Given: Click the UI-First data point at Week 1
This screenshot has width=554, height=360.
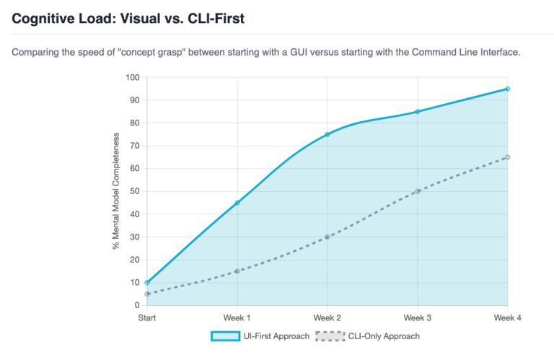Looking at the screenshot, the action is tap(237, 203).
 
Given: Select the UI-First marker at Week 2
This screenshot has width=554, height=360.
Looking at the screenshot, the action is tap(327, 134).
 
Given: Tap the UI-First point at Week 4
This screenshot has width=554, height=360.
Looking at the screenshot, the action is tap(508, 89).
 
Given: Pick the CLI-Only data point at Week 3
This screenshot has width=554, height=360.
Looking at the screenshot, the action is tap(417, 191).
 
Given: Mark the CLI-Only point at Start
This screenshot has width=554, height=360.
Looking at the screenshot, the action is tap(147, 294).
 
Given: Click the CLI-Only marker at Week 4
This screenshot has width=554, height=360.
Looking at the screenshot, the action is tap(508, 157).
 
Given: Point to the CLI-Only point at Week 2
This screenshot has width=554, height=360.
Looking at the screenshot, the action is tap(327, 237).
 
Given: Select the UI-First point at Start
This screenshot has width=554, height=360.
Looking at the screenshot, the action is tap(147, 283).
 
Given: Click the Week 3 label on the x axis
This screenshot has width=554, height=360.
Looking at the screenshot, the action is tap(417, 318).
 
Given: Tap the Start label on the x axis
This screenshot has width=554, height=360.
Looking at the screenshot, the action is tap(147, 318).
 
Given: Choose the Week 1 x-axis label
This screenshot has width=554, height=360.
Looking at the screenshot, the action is tap(237, 318).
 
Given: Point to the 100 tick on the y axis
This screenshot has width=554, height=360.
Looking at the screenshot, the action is tap(133, 77).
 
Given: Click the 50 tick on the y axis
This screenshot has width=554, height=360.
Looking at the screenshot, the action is tap(135, 191).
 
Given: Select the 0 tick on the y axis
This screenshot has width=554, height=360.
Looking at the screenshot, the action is tap(137, 305).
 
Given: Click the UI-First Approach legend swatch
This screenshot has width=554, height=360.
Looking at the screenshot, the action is tap(225, 336).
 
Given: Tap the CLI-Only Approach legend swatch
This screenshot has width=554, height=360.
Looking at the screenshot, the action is tap(330, 336).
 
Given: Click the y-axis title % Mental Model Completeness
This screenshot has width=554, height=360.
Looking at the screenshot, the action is tap(116, 191).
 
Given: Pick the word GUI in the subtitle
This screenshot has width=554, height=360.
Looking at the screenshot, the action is tap(299, 52).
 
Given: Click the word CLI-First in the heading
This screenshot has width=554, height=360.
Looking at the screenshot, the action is tap(216, 18).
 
